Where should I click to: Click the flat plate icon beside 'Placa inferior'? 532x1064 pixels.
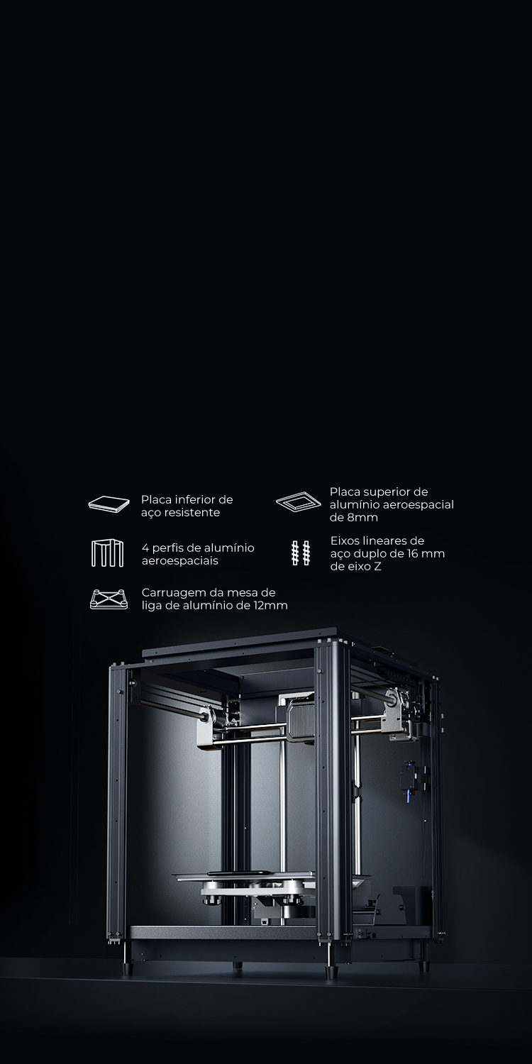coord(109,504)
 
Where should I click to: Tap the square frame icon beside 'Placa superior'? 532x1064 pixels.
coord(299,502)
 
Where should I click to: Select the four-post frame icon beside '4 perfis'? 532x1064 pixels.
coord(107,553)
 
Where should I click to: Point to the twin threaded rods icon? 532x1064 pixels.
coord(300,553)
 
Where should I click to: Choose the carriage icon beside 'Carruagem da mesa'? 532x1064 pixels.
coord(109,599)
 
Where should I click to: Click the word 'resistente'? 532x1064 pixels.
coord(192,513)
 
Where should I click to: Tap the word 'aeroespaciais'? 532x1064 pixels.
coord(180,560)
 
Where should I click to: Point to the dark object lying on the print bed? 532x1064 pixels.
coord(236,873)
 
